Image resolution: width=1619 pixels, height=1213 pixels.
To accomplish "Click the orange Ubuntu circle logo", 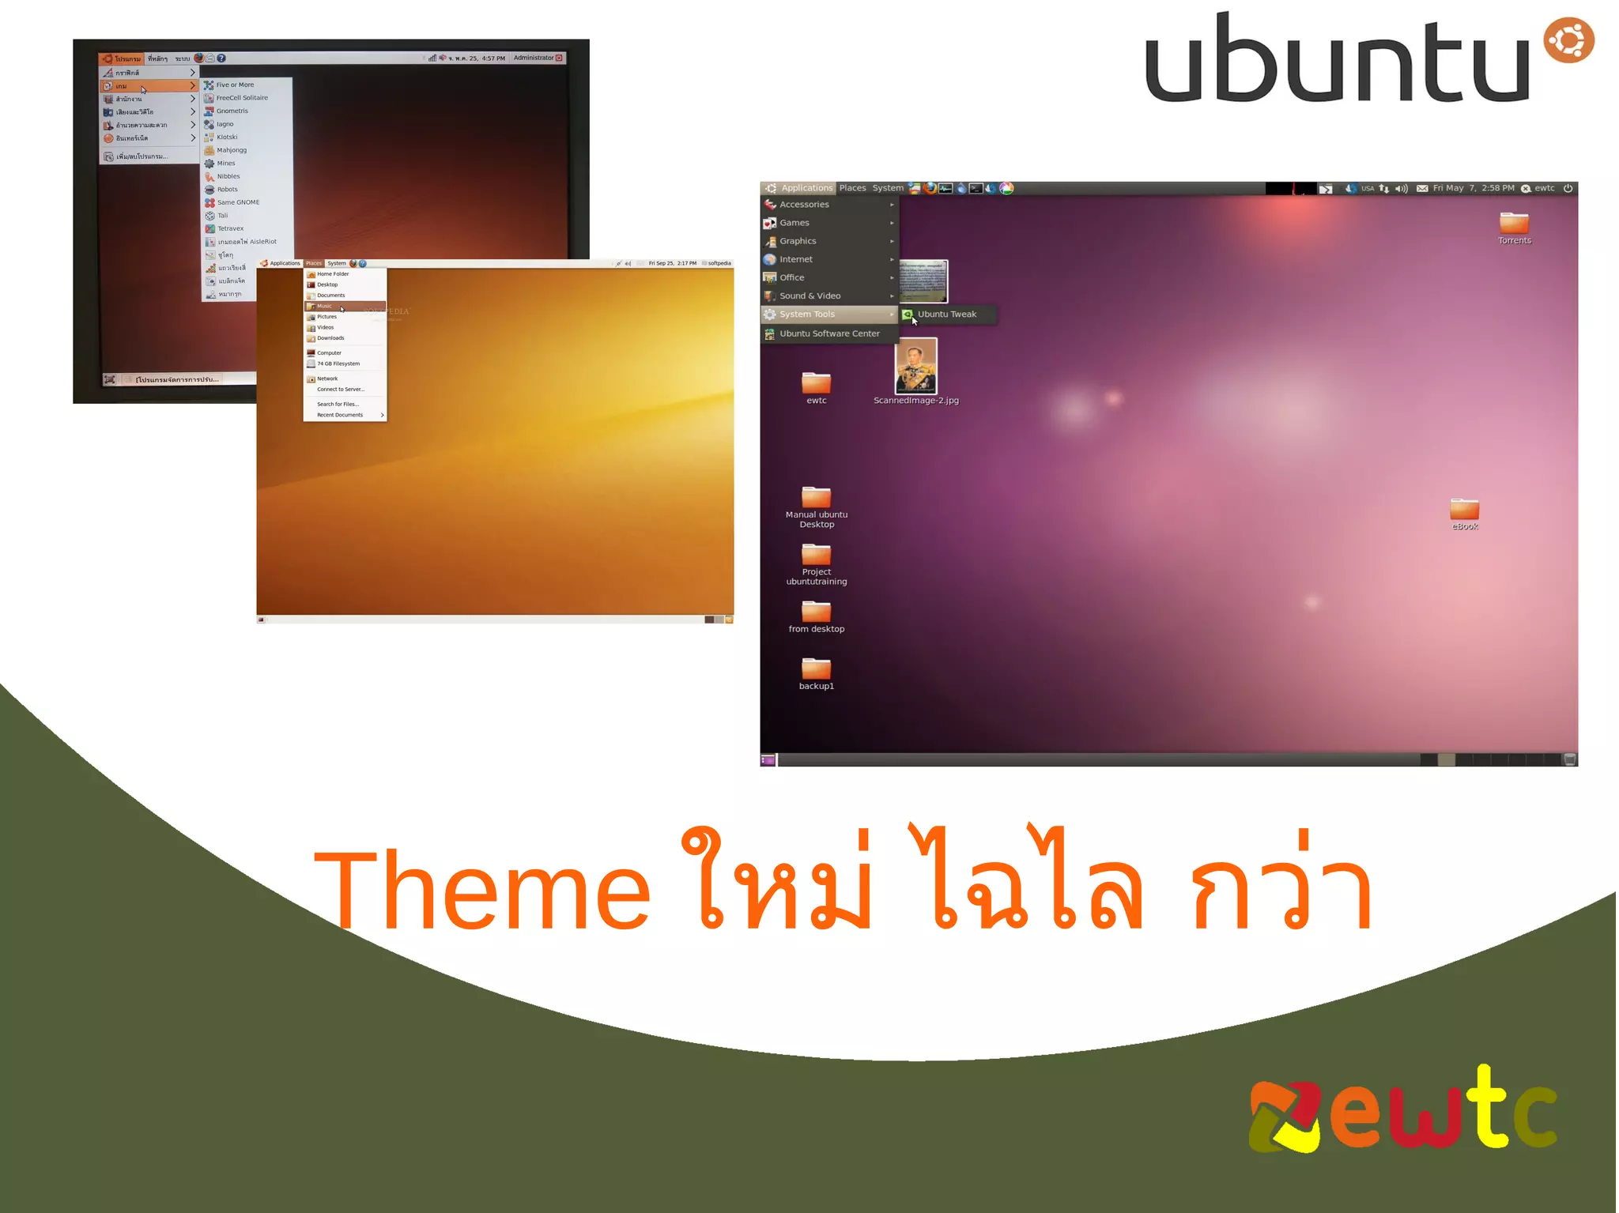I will pos(1568,40).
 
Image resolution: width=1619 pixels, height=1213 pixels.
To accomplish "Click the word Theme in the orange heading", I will pos(482,889).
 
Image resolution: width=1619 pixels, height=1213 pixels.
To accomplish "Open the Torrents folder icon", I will pos(1514,224).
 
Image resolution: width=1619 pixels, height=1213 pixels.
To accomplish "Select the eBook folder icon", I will pos(1464,510).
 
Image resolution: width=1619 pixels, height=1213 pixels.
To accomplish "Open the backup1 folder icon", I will pos(816,669).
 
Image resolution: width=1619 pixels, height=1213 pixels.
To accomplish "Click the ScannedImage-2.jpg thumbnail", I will pos(915,367).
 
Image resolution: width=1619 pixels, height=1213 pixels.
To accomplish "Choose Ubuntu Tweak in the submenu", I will pos(946,315).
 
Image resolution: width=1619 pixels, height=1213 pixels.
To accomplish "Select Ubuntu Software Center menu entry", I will pos(828,333).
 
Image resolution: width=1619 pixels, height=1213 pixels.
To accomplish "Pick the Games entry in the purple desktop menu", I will pos(794,223).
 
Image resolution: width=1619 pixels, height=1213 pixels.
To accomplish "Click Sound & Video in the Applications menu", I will pos(809,296).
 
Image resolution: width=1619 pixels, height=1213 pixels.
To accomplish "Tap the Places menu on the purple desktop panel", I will pos(852,188).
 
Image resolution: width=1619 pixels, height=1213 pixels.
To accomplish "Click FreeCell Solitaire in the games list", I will pos(242,98).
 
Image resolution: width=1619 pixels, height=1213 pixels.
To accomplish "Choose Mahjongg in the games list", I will pos(232,150).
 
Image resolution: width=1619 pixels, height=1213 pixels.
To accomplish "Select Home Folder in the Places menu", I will pos(333,274).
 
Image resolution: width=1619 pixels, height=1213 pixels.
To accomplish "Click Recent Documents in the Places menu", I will pos(340,415).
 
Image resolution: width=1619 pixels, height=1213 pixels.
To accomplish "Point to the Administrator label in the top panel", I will pos(534,58).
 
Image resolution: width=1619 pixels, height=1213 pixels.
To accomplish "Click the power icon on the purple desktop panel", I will pos(1568,188).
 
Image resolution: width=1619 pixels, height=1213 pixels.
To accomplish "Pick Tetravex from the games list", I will pos(230,228).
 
